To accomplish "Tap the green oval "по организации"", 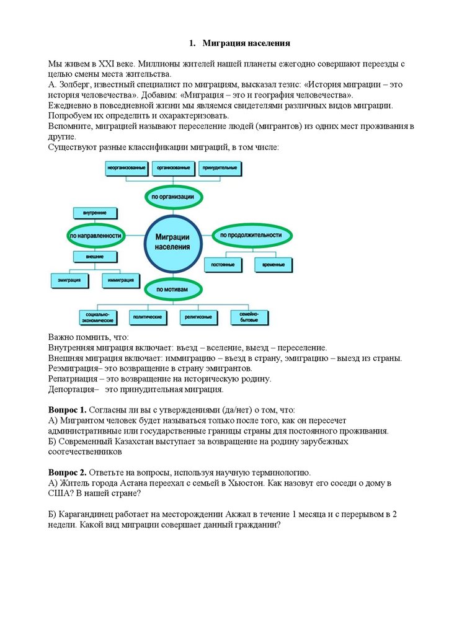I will pyautogui.click(x=174, y=197).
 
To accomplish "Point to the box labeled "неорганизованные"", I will pyautogui.click(x=126, y=168).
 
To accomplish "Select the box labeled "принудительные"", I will pyautogui.click(x=220, y=168).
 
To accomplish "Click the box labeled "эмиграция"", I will pyautogui.click(x=69, y=280).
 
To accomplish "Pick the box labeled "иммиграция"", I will pyautogui.click(x=121, y=280).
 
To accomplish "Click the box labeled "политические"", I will pyautogui.click(x=148, y=316).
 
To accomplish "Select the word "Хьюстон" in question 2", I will pyautogui.click(x=251, y=482).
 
